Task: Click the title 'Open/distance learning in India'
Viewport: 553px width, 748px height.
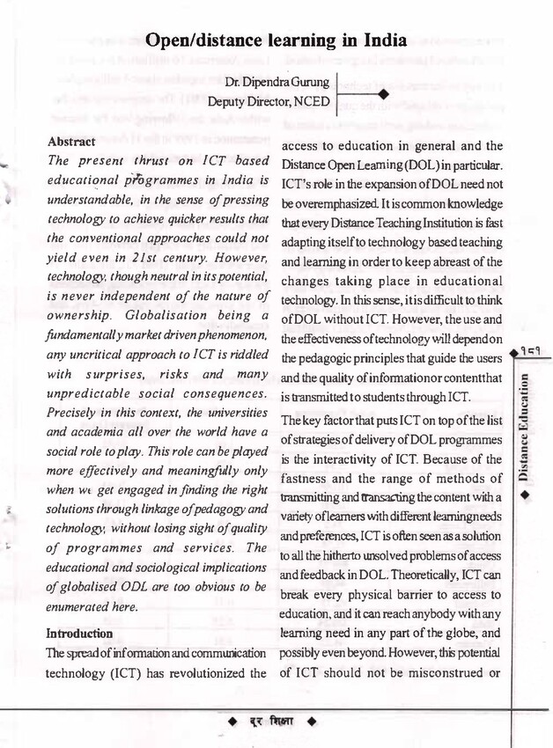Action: pyautogui.click(x=276, y=40)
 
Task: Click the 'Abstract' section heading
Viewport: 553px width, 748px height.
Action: pyautogui.click(x=70, y=142)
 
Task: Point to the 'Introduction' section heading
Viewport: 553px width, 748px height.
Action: pyautogui.click(x=79, y=633)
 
